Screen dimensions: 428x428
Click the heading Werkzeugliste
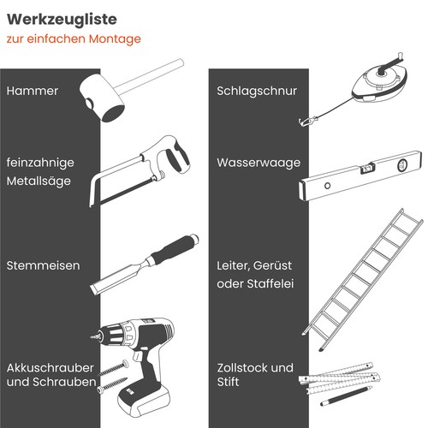[62, 18]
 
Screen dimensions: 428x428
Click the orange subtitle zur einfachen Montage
[73, 39]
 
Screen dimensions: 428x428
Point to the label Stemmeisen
[43, 265]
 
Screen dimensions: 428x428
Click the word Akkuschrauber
[50, 366]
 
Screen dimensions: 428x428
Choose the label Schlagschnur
[256, 91]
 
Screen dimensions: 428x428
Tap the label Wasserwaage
[258, 162]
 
